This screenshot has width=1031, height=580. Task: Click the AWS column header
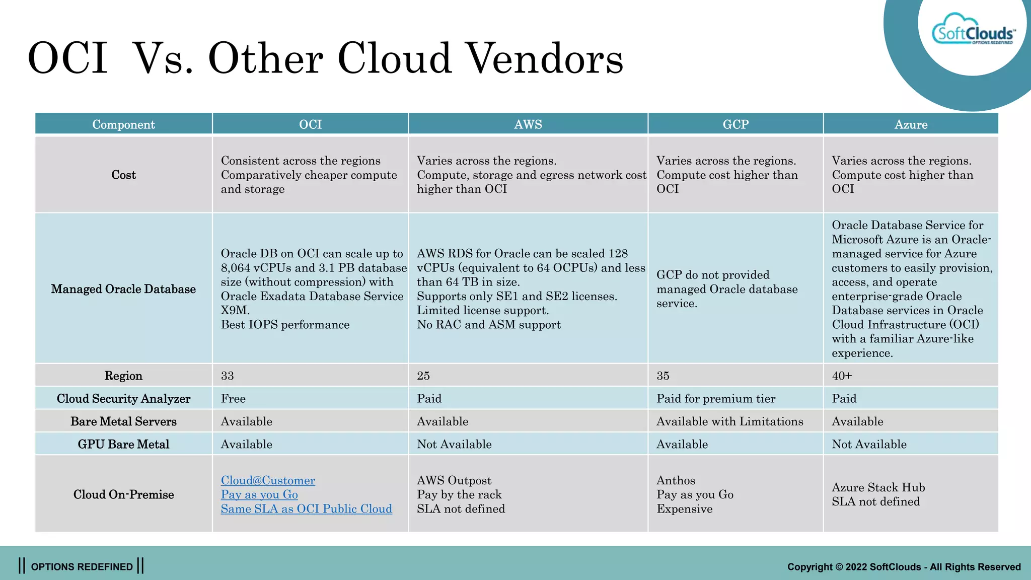click(528, 124)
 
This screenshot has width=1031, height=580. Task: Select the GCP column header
click(735, 124)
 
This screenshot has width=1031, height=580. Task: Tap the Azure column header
click(911, 124)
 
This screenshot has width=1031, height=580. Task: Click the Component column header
click(123, 124)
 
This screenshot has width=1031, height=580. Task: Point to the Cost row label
click(123, 175)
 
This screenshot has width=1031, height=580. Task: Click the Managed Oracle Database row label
click(123, 289)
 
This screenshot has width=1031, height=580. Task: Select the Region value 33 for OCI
click(228, 376)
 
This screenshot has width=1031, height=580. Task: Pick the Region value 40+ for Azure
click(842, 376)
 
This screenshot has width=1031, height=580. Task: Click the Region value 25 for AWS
click(423, 376)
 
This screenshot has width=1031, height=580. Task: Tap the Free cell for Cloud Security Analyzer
click(233, 399)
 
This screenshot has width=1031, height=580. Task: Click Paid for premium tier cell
click(715, 399)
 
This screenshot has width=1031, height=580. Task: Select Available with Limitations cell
click(729, 421)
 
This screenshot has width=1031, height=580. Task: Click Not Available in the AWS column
click(454, 445)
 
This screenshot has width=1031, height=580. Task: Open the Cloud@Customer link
click(268, 480)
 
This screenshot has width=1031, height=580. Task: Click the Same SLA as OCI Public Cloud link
click(306, 509)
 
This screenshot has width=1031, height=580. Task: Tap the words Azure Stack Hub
click(878, 487)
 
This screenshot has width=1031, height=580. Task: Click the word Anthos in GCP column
click(676, 480)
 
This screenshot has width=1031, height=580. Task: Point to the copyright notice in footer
click(904, 567)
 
